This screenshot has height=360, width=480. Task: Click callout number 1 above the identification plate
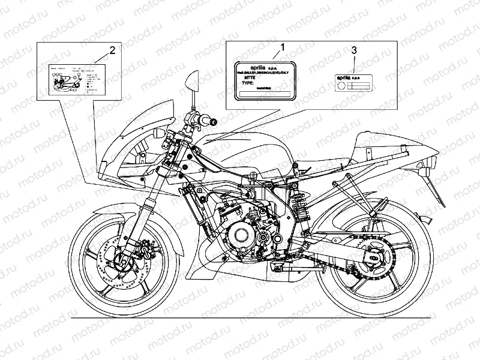tap(283, 46)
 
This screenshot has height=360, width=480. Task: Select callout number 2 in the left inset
tap(110, 49)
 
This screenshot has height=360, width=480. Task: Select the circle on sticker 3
tap(341, 86)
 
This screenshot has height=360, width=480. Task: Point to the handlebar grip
tap(211, 122)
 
